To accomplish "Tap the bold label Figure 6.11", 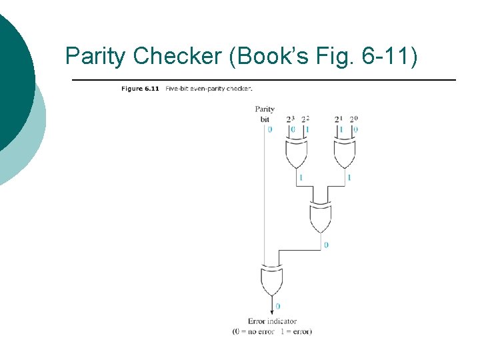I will click(x=140, y=88).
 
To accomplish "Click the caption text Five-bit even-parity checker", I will click(x=209, y=88).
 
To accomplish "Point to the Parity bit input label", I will click(x=265, y=113).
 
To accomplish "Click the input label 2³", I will click(x=291, y=119).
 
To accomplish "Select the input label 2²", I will click(x=305, y=119).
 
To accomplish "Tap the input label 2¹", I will click(x=339, y=119).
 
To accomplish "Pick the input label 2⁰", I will click(x=354, y=119).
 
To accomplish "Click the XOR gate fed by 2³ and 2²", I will click(x=296, y=154).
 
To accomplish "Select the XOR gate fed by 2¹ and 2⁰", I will click(x=344, y=154).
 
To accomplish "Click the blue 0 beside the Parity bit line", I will click(x=269, y=129).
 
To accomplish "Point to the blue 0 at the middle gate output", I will click(x=326, y=245).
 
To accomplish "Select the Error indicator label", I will click(x=272, y=321).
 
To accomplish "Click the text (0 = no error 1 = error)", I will click(x=272, y=331).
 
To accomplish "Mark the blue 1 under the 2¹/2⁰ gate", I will click(x=349, y=177).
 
